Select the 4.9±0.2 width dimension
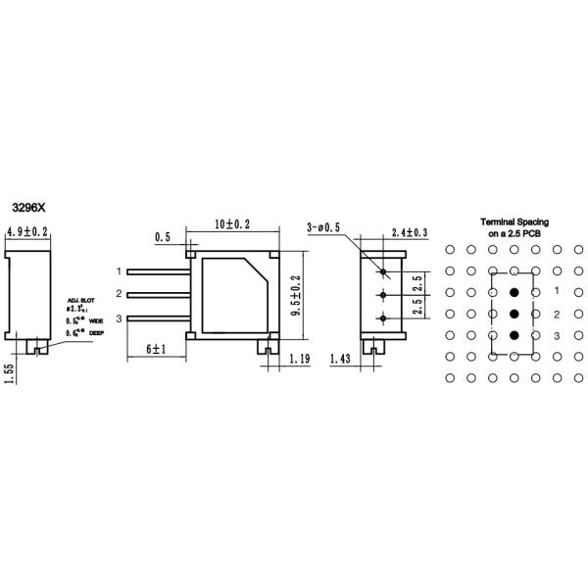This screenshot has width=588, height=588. (28, 232)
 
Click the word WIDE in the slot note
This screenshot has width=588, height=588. (96, 320)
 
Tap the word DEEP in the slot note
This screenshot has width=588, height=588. (96, 333)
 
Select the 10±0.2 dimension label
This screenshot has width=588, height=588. (232, 224)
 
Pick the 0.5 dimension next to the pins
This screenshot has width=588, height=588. (162, 237)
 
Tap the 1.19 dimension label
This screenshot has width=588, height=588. (299, 360)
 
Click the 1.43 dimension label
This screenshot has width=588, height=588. (341, 360)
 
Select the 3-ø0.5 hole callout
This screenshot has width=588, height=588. (324, 226)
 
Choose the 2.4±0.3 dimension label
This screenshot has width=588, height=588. (409, 232)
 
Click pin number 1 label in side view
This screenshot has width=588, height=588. (119, 270)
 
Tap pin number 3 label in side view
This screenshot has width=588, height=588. (119, 318)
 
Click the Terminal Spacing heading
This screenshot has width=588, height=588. (514, 222)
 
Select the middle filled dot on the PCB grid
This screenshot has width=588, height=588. (514, 314)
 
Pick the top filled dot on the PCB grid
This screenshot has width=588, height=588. (514, 292)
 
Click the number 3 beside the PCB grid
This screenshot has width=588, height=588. (557, 336)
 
